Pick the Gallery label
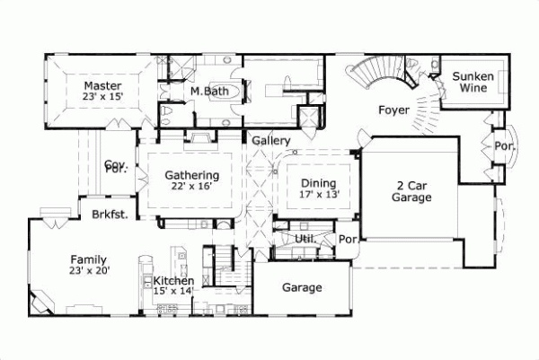[270, 141]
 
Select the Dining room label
[318, 181]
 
